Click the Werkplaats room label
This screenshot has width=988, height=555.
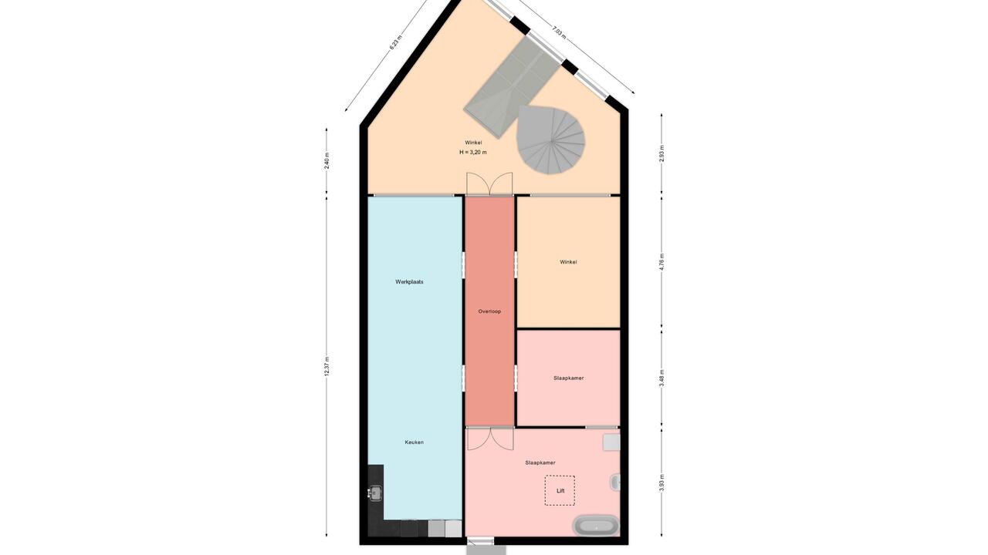[x=409, y=282]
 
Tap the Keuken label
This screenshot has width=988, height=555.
[x=414, y=442]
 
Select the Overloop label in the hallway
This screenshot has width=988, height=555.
[x=489, y=311]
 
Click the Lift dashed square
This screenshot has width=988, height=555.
[x=560, y=490]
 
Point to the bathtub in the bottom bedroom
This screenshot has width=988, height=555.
[x=596, y=526]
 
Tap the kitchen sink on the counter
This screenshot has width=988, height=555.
[x=375, y=493]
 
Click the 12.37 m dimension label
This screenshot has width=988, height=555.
[x=327, y=366]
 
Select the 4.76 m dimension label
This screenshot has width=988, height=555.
[x=661, y=262]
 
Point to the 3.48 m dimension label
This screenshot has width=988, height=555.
[x=661, y=378]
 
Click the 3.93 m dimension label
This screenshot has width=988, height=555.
[x=661, y=482]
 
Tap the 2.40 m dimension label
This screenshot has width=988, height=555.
[x=327, y=161]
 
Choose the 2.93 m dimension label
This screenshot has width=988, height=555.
[x=661, y=153]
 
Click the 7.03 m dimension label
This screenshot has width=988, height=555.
[x=559, y=33]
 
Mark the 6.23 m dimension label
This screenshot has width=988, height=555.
[x=396, y=42]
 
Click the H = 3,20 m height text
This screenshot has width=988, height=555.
[x=473, y=153]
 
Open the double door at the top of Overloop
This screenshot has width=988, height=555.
[x=489, y=183]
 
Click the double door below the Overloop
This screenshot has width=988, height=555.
[x=490, y=439]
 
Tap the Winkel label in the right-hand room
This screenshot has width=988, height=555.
[x=568, y=262]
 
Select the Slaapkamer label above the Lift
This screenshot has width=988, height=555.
[x=540, y=463]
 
